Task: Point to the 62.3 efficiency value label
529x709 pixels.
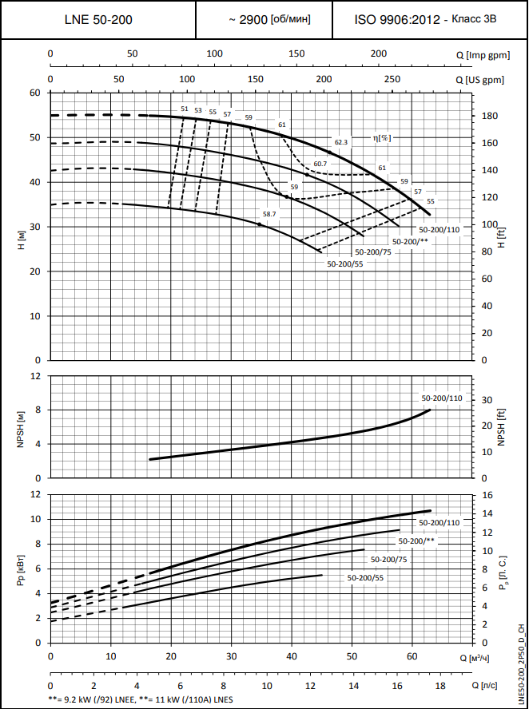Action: pos(341,142)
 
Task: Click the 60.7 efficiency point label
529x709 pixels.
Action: pos(320,164)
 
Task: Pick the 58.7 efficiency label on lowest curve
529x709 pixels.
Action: pos(269,214)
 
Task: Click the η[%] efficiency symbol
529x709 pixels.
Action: pos(382,137)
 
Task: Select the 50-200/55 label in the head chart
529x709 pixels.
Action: pos(345,263)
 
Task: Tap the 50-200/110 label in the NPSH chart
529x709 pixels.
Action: pos(442,398)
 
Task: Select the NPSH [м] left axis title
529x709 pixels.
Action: pos(22,427)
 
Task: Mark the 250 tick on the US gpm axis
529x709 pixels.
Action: pos(392,80)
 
